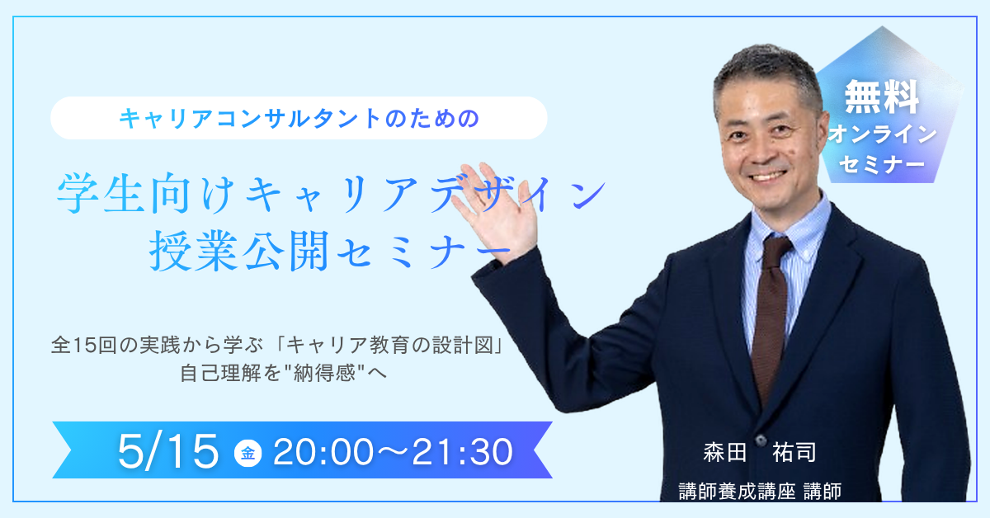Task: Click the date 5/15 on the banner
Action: coord(168,451)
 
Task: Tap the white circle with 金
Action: coord(248,453)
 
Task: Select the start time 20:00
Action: coord(323,452)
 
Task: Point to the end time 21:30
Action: coord(462,452)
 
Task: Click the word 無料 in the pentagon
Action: coord(882,97)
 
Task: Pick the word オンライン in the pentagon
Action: coord(882,134)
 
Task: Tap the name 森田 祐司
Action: coord(760,453)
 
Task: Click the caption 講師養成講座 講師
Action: coord(760,492)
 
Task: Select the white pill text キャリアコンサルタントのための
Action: coord(299,119)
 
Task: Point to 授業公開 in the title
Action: coord(239,251)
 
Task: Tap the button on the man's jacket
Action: coord(761,440)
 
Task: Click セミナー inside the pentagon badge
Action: coord(881,164)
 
